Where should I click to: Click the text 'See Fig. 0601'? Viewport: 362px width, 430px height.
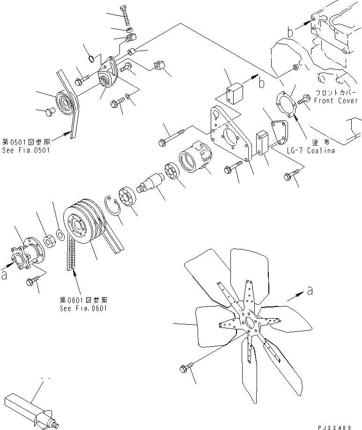click(81, 309)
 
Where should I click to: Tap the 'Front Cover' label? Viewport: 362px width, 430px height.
click(337, 101)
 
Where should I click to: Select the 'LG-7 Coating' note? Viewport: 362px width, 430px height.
click(311, 150)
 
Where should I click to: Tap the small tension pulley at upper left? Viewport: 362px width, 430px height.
click(66, 102)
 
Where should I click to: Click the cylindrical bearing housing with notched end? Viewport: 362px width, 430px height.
click(195, 159)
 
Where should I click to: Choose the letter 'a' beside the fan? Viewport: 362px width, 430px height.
click(310, 291)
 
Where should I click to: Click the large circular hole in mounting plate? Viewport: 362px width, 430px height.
click(231, 138)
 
